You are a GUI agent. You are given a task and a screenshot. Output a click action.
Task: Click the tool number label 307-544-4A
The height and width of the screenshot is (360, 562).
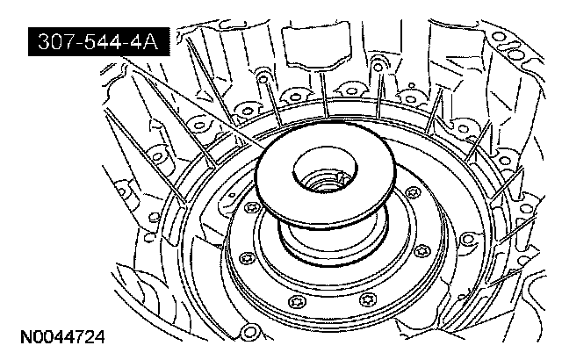pos(98,42)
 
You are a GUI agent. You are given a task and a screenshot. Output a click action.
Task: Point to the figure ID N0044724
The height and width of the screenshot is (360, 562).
pos(62,337)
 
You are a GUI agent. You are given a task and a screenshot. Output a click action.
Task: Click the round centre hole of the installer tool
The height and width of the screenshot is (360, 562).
pos(326,169)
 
